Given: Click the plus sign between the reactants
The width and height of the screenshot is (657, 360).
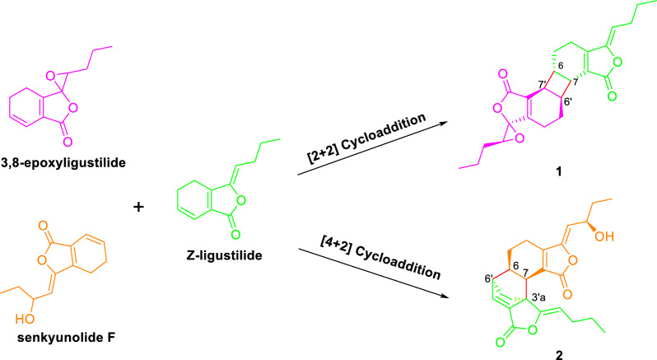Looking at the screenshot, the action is pos(139,208).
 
